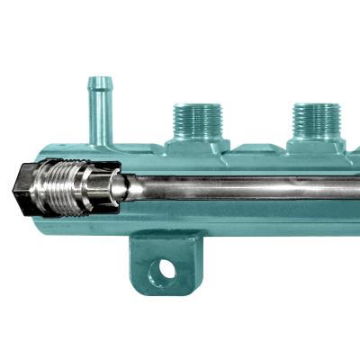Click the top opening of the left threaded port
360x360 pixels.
pos(198,104)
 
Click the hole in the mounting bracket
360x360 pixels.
pos(164,269)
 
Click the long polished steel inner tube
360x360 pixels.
pos(243,190)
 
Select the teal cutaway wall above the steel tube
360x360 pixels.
pos(243,167)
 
